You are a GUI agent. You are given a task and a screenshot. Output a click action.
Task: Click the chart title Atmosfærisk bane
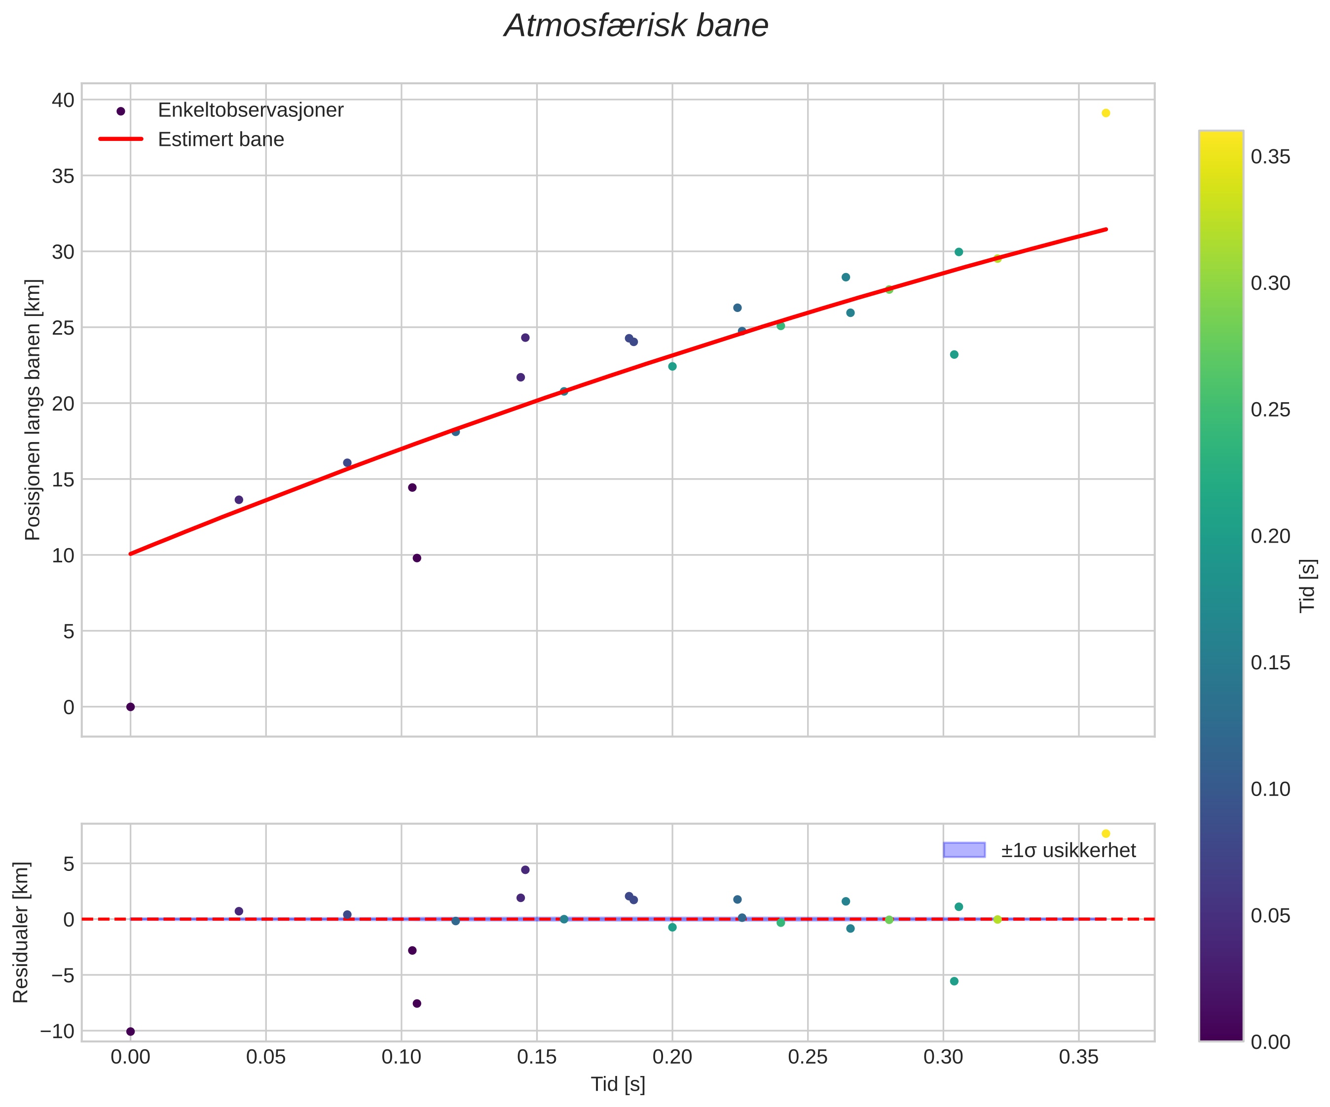coord(636,27)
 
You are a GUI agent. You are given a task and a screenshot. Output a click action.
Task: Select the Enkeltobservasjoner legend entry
coord(250,110)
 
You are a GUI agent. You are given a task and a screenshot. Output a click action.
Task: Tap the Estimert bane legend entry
coord(221,139)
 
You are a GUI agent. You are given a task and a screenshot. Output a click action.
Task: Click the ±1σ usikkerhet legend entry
coord(1068,850)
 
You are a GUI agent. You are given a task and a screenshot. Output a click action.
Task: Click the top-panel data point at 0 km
coord(130,707)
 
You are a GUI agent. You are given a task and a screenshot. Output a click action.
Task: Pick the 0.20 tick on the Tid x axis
coord(672,1056)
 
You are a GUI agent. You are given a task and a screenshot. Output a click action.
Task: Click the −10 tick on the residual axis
coord(56,1032)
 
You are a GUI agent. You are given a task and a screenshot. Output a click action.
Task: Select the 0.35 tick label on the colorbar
coord(1270,157)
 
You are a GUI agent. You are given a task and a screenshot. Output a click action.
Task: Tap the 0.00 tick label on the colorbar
coord(1270,1042)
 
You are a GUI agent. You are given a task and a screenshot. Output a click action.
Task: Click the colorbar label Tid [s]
coord(1307,586)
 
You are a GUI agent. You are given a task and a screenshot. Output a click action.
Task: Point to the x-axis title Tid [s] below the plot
coord(618,1084)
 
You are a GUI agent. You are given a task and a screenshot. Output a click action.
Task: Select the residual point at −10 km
coord(130,1032)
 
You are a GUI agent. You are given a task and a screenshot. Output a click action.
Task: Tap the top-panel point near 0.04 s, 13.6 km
coord(239,500)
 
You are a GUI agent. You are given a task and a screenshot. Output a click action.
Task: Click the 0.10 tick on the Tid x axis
coord(401,1056)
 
